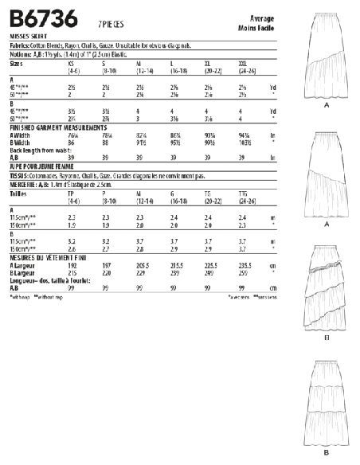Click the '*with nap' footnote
pos(22,297)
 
